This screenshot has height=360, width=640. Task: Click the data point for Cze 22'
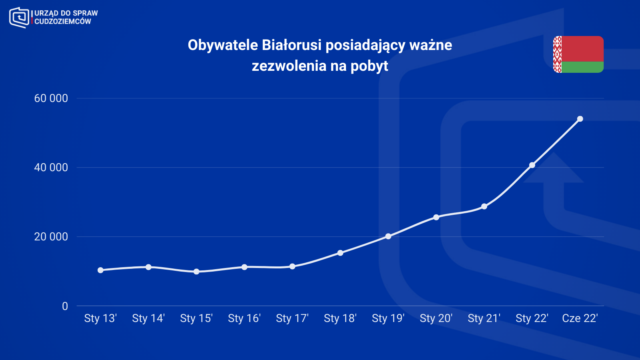point(580,119)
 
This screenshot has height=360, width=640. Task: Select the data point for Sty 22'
point(532,165)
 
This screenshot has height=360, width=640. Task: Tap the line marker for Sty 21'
point(484,206)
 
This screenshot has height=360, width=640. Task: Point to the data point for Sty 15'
point(196,272)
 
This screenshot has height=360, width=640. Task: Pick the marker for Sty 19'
point(388,236)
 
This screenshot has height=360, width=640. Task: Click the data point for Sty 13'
point(100,270)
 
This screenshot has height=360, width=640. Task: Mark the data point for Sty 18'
point(340,253)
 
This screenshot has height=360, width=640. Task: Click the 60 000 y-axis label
point(51,98)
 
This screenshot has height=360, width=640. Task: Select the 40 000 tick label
point(51,168)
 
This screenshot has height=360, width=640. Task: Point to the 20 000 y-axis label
point(51,237)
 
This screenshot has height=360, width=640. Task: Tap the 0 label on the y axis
point(65,306)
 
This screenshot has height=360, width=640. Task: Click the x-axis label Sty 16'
point(244,318)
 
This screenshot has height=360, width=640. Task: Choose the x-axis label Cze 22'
point(580,318)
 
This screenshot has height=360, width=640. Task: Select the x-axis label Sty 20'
point(436,318)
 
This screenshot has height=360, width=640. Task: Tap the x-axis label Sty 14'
point(148,318)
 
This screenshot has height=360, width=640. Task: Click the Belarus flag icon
point(578,54)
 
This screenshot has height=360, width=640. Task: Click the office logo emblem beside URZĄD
point(19,17)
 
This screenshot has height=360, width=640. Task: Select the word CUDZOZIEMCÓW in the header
point(63,22)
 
